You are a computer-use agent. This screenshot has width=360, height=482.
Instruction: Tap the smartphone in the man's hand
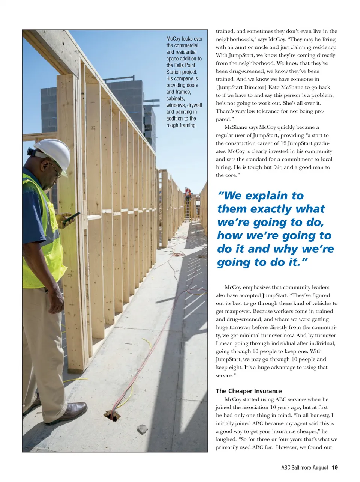click(x=71, y=218)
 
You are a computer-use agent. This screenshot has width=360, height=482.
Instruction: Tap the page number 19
click(x=334, y=467)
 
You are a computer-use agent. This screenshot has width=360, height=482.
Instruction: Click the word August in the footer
click(x=320, y=467)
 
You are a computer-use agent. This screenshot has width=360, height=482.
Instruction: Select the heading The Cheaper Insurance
click(x=249, y=391)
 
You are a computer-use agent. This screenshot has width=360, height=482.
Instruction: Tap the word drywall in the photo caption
click(x=194, y=105)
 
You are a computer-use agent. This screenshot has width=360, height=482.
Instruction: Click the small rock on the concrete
click(x=142, y=429)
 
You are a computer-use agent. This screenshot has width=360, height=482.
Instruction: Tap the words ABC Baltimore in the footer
click(x=296, y=467)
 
